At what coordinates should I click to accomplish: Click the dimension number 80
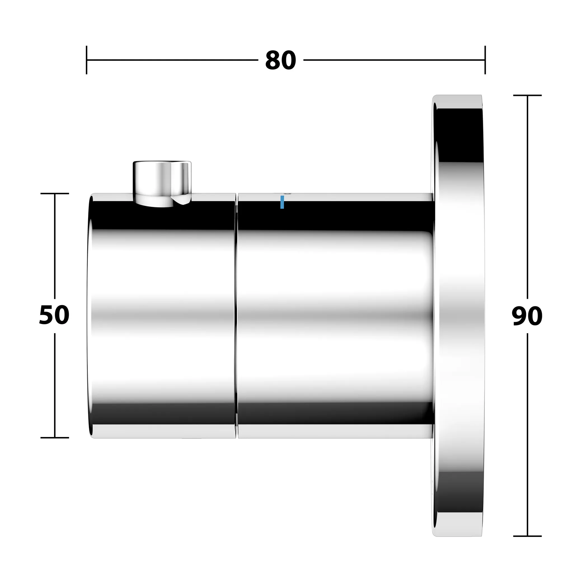[x=280, y=60]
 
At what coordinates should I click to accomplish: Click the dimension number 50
[x=54, y=315]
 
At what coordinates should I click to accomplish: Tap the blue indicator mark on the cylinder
[x=282, y=202]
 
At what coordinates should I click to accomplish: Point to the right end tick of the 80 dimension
[x=485, y=60]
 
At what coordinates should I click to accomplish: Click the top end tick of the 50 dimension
[x=55, y=194]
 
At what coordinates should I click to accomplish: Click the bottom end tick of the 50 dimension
[x=55, y=438]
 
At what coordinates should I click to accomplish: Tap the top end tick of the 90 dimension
[x=527, y=95]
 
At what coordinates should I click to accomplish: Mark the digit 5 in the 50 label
[x=46, y=315]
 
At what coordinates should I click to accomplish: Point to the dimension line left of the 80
[x=172, y=60]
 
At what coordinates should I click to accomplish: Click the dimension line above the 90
[x=527, y=196]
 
